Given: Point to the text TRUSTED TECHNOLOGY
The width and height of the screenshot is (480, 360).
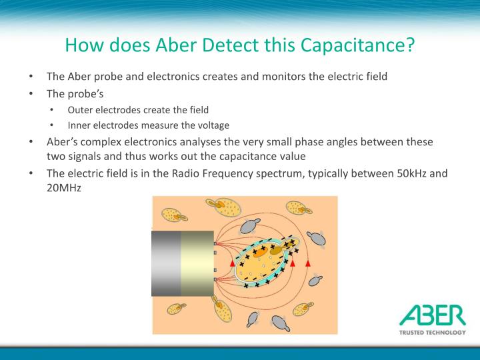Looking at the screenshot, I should (x=431, y=332).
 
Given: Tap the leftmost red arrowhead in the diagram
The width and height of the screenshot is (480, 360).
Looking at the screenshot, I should (x=233, y=264).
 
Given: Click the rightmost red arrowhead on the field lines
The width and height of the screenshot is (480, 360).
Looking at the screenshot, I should (x=308, y=264).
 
